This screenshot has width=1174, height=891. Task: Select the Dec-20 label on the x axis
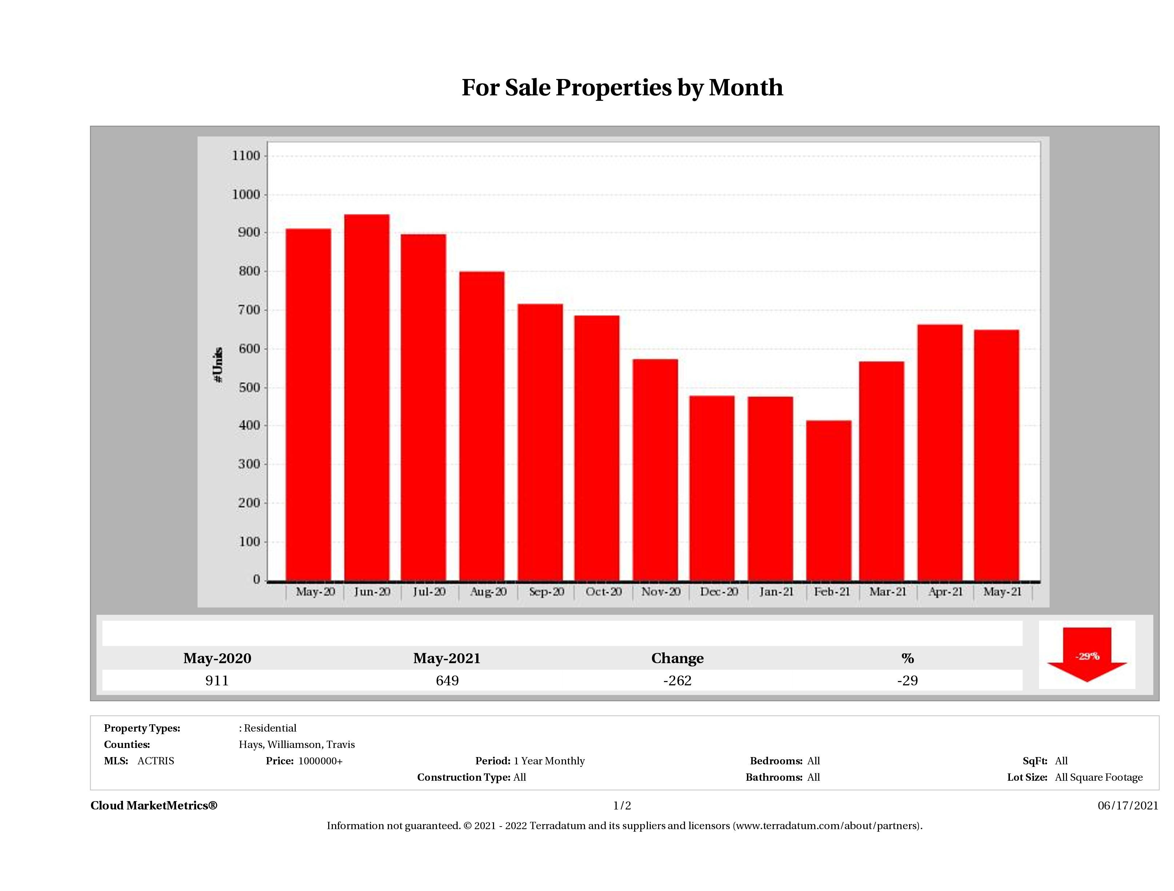[719, 591]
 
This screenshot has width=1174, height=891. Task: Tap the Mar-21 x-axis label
[887, 591]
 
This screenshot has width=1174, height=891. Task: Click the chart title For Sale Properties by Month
[622, 88]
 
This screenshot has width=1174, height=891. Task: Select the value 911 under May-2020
[217, 680]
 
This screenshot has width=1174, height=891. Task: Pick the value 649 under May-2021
[447, 680]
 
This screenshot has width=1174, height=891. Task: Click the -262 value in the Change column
[677, 680]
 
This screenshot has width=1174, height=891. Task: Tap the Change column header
[677, 658]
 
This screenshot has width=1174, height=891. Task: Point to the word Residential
[270, 728]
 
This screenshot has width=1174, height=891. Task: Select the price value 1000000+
[321, 761]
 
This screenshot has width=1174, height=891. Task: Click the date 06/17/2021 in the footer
[1128, 805]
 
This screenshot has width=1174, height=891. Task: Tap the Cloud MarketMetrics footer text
[154, 805]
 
